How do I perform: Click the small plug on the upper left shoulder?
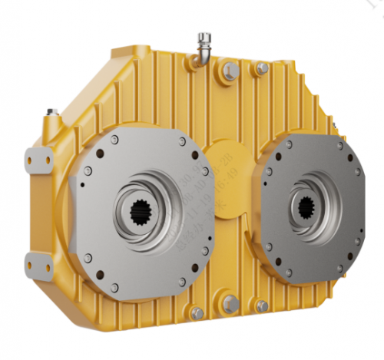pos(51,114)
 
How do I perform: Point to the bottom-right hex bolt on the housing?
pos(261,308)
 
